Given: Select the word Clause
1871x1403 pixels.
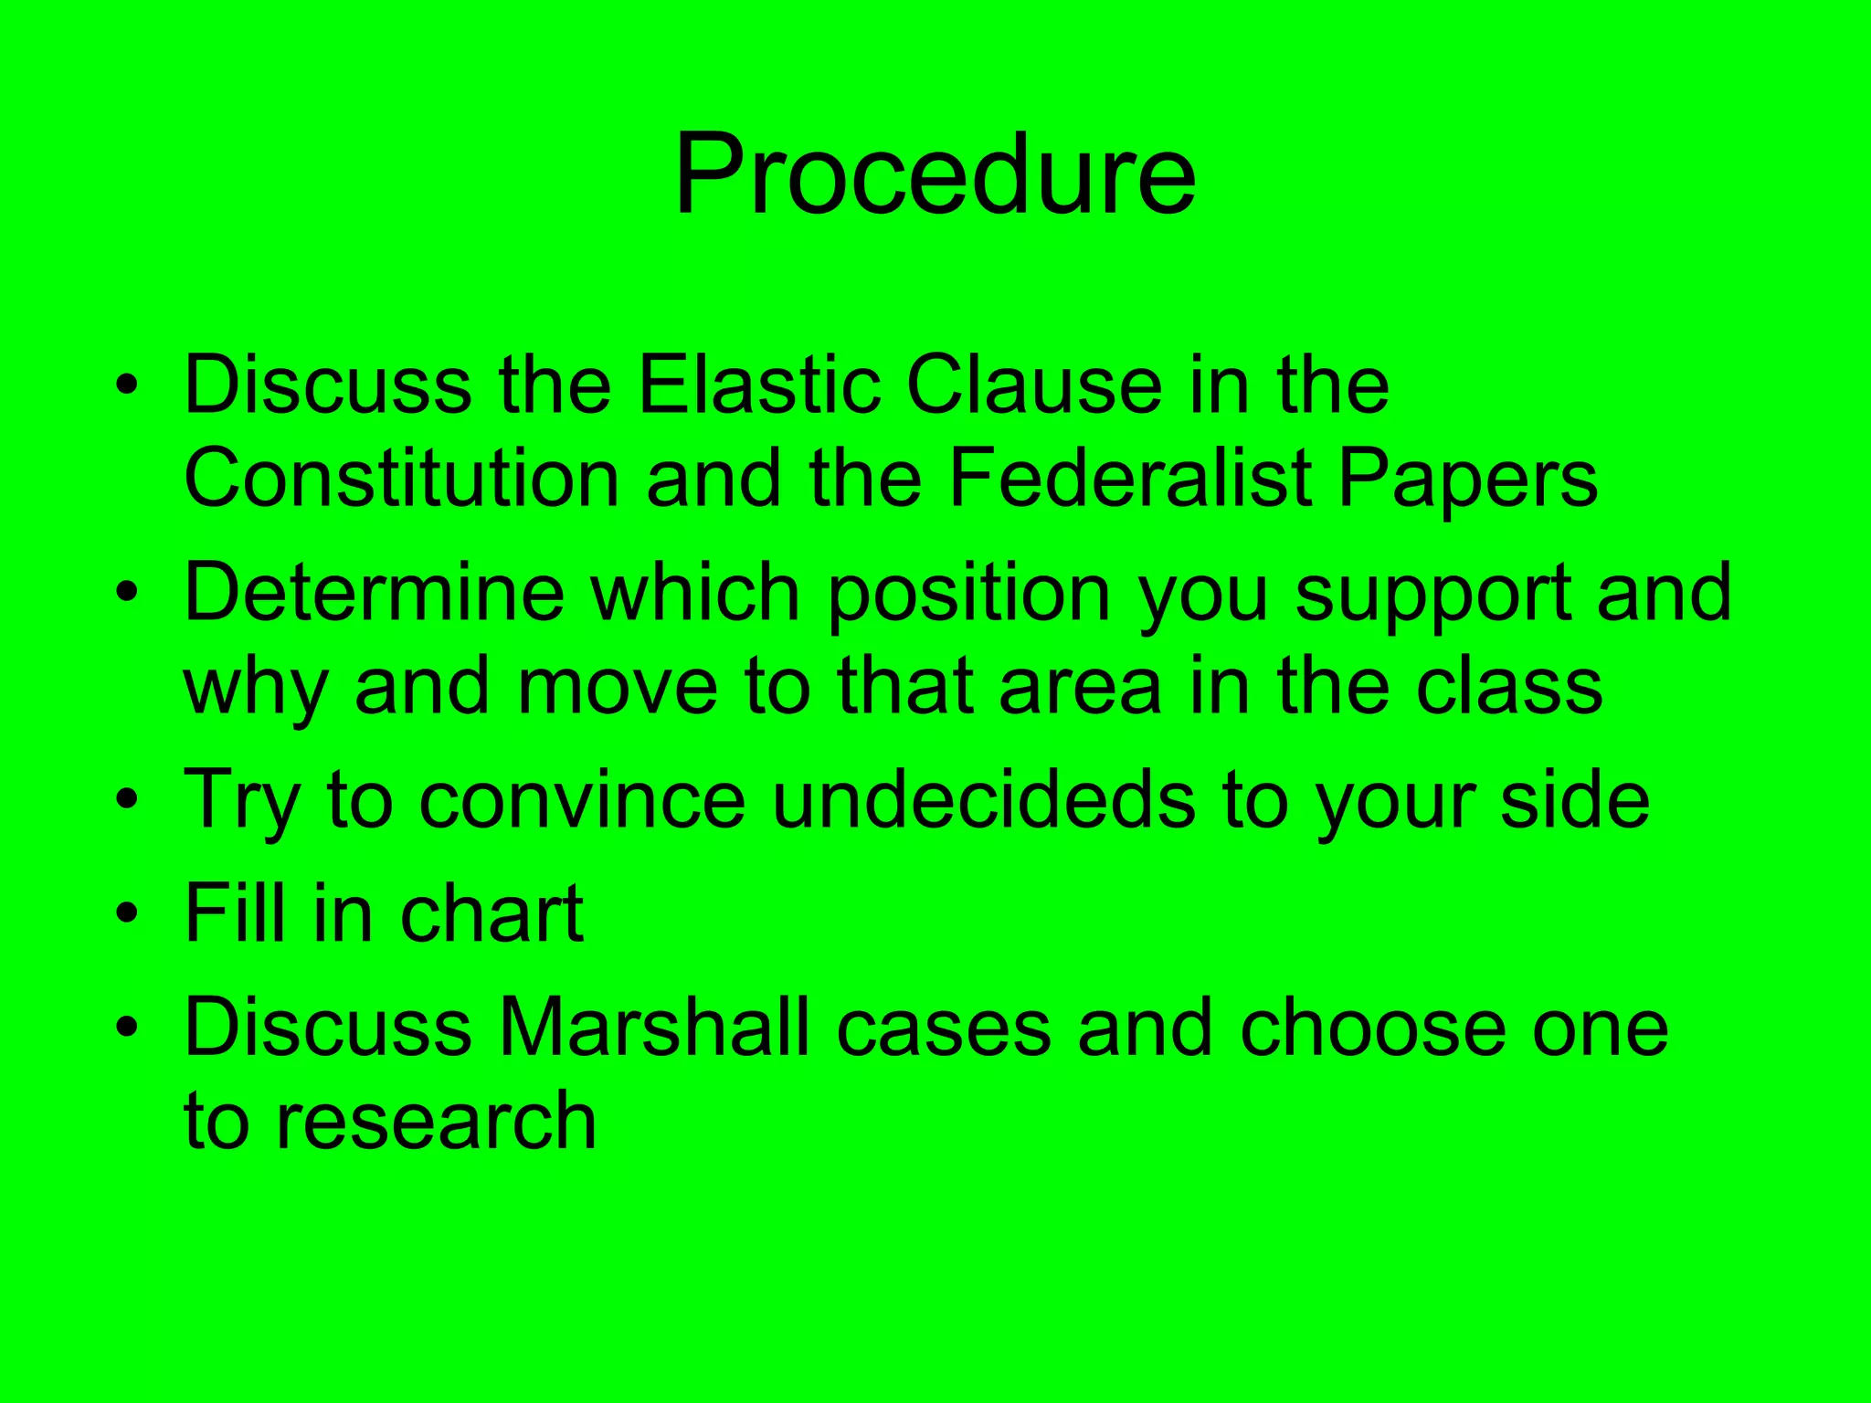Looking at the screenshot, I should pos(1034,385).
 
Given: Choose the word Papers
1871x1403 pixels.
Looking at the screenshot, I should pos(1467,480).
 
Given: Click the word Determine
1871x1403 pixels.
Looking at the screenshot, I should pos(375,594).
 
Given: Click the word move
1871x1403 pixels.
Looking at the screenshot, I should pos(618,687).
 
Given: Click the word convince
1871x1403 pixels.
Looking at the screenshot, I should pos(583,800).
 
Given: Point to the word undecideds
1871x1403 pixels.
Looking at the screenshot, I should pos(984,800).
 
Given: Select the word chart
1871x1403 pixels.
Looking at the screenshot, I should pos(492,913).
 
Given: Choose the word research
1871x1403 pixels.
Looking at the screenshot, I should pos(436,1122).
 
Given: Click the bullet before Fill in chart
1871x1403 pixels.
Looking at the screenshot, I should pos(128,913).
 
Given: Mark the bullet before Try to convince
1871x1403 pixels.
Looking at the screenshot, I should pos(128,800).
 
